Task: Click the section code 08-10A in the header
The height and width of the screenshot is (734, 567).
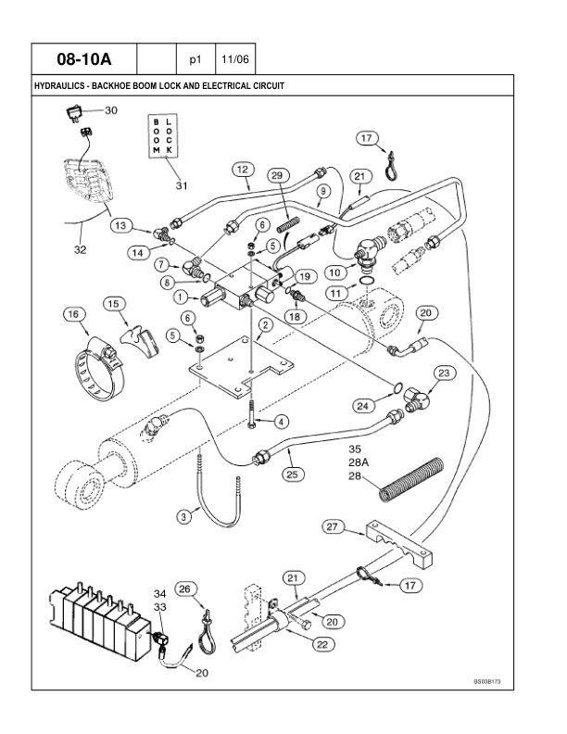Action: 83,59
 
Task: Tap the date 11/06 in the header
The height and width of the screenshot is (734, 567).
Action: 234,59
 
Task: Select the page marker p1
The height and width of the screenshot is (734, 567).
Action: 195,59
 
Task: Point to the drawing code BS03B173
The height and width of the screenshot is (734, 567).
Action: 493,681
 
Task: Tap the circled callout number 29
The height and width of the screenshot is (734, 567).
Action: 277,175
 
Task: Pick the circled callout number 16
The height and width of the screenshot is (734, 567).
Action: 74,315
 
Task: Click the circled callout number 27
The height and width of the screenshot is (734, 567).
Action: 334,528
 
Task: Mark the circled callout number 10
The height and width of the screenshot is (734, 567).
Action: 334,272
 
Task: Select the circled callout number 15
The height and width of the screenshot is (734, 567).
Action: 114,303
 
